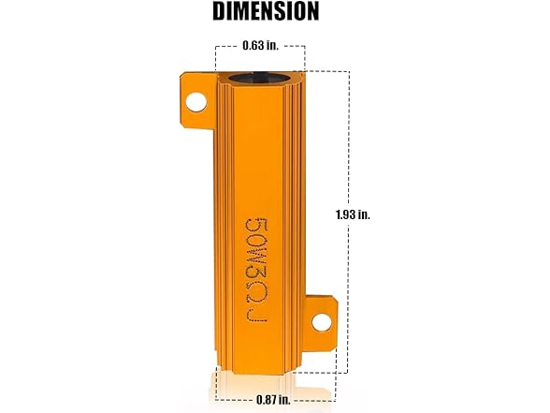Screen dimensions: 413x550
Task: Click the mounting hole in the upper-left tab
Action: (197, 100)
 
